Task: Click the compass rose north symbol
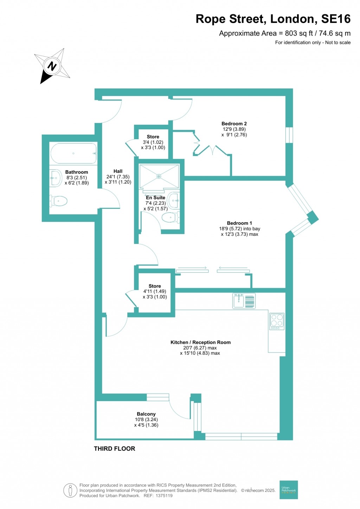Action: pyautogui.click(x=52, y=66)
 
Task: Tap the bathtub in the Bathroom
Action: pyautogui.click(x=73, y=153)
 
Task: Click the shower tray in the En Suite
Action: pyautogui.click(x=159, y=176)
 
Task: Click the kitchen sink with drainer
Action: pyautogui.click(x=244, y=301)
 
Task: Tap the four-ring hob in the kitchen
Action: pyautogui.click(x=277, y=321)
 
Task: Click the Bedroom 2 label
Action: pyautogui.click(x=234, y=124)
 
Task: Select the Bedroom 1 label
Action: pyautogui.click(x=239, y=223)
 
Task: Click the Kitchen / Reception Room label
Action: pyautogui.click(x=200, y=342)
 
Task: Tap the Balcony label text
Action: pyautogui.click(x=146, y=414)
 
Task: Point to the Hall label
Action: pyautogui.click(x=118, y=171)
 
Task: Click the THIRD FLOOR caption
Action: pyautogui.click(x=114, y=449)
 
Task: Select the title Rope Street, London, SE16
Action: pyautogui.click(x=273, y=19)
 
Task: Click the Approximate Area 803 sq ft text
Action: pyautogui.click(x=284, y=33)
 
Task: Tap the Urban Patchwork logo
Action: pyautogui.click(x=289, y=490)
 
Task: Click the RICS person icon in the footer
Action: pyautogui.click(x=70, y=490)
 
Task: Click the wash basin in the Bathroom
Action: pyautogui.click(x=56, y=178)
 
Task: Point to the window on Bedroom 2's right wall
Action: pyautogui.click(x=289, y=135)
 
